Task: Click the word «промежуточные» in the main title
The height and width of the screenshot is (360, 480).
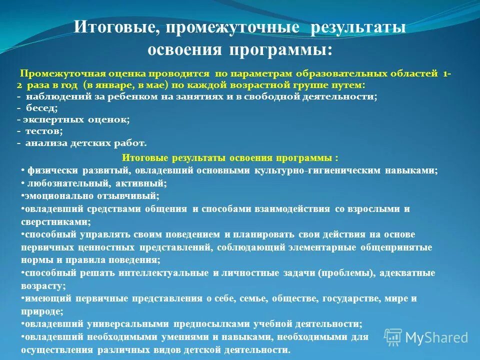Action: [x=232, y=27]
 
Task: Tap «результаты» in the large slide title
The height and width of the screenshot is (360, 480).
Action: [x=357, y=27]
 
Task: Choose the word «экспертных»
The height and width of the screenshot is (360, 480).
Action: [x=54, y=119]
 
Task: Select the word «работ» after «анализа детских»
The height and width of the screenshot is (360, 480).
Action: [x=132, y=143]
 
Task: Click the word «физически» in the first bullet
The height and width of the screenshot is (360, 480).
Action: [x=47, y=170]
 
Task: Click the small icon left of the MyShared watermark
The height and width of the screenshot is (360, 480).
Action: [x=393, y=337]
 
